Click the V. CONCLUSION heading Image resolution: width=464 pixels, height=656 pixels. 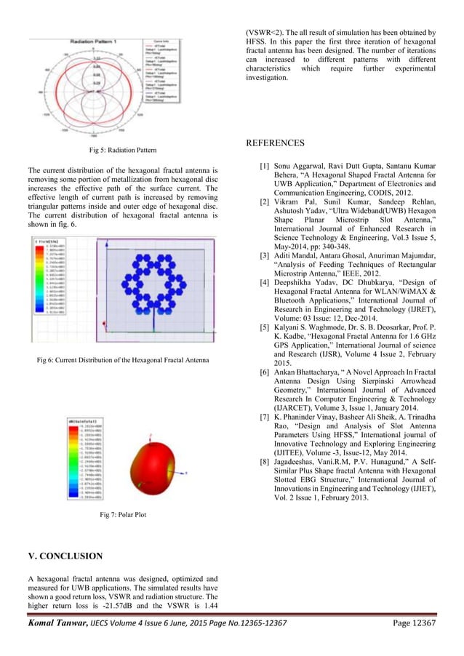pyautogui.click(x=65, y=556)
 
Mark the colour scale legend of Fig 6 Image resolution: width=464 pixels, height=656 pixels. pyautogui.click(x=49, y=276)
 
